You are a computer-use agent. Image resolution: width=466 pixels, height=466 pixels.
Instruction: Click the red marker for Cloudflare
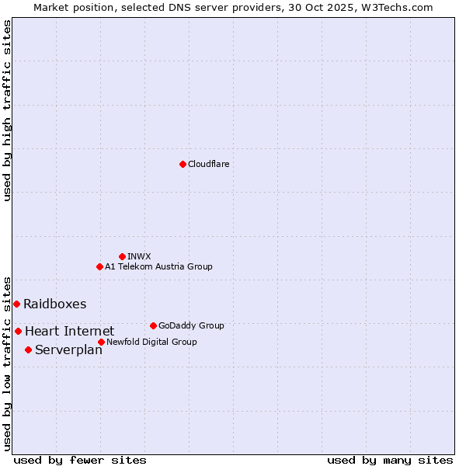pos(183,164)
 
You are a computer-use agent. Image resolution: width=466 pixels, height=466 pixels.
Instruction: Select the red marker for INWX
pos(122,256)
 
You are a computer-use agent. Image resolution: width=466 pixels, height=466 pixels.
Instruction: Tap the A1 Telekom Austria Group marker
pos(99,266)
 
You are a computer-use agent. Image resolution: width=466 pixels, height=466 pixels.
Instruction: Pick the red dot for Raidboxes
pos(16,304)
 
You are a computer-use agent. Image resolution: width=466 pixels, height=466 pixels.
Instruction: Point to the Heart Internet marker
pos(18,331)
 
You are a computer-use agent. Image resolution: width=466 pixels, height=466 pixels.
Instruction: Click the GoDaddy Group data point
pos(153,325)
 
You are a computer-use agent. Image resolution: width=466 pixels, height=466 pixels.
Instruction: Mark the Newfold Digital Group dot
pos(101,342)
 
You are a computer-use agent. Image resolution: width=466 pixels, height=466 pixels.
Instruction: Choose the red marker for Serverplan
pos(28,349)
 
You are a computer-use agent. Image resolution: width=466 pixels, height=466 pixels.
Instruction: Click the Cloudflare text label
pos(208,164)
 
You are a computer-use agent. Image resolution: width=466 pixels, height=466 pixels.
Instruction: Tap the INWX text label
pos(139,256)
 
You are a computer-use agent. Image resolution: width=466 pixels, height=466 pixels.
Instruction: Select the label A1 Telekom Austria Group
pos(158,266)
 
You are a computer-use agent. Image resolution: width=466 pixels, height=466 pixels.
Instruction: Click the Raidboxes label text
pos(54,304)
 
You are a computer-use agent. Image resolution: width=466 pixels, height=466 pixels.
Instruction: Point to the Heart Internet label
pos(69,332)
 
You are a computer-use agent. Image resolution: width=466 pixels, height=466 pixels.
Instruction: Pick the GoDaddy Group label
pos(190,325)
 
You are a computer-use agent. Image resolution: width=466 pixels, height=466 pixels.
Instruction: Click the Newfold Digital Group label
pos(151,342)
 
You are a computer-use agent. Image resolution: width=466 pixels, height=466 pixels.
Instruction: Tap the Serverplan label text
pos(68,350)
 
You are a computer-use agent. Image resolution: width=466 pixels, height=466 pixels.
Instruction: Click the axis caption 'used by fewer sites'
pos(80,460)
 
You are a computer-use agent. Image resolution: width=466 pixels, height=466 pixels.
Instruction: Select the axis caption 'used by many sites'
pos(390,460)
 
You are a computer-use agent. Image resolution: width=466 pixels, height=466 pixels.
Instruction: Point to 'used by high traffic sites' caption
pos(7,111)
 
